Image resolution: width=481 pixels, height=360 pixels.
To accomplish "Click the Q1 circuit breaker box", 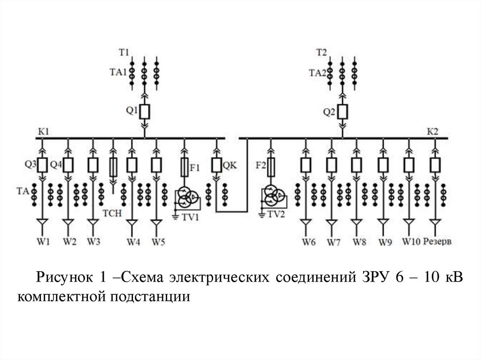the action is (145, 112).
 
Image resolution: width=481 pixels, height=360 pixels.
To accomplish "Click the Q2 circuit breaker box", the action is (342, 112).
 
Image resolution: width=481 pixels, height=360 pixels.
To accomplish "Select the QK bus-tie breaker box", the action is (217, 165).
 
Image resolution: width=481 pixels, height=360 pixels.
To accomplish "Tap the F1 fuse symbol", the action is (184, 167).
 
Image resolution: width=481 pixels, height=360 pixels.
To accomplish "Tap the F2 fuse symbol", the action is (271, 167).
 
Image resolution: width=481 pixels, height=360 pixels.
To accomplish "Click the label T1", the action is (124, 53).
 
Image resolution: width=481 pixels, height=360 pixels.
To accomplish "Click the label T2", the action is (321, 53).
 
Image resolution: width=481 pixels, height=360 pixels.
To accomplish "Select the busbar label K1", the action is (43, 131).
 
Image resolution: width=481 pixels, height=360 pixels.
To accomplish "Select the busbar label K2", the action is (433, 131).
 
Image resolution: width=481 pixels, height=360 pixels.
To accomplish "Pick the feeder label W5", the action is (158, 242).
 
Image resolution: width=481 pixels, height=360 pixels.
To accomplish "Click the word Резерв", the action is (437, 242).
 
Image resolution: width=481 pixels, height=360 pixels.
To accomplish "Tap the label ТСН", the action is (112, 213).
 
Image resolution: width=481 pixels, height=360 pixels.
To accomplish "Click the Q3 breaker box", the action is (42, 165).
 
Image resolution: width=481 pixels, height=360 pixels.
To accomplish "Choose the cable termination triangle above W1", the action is (42, 222).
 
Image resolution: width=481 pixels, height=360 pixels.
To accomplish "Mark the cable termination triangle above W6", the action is (305, 222).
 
